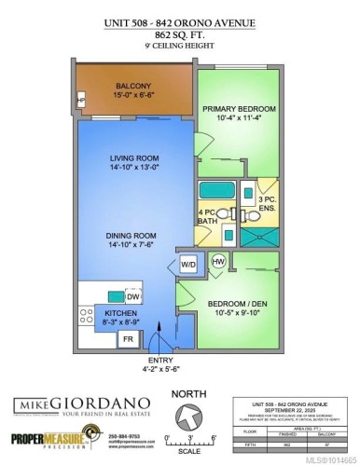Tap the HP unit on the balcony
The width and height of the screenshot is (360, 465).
(x=81, y=102)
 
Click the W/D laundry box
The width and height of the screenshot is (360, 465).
(x=187, y=264)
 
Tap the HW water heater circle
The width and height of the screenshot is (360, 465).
(x=218, y=262)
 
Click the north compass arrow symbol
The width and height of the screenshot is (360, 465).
(x=189, y=417)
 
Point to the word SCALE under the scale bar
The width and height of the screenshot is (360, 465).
(x=189, y=452)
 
